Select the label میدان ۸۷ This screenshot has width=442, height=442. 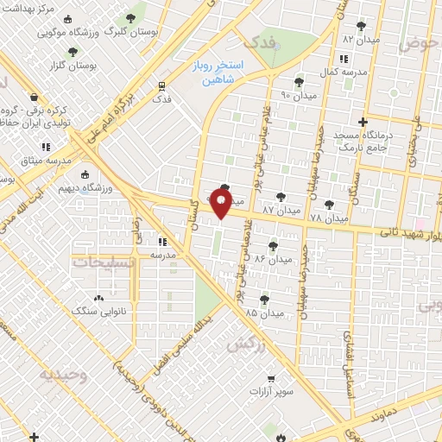tap(281, 210)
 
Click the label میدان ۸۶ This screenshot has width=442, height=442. tap(274, 258)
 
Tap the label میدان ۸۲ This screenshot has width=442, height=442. tap(360, 40)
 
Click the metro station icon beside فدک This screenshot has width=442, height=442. tap(161, 85)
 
